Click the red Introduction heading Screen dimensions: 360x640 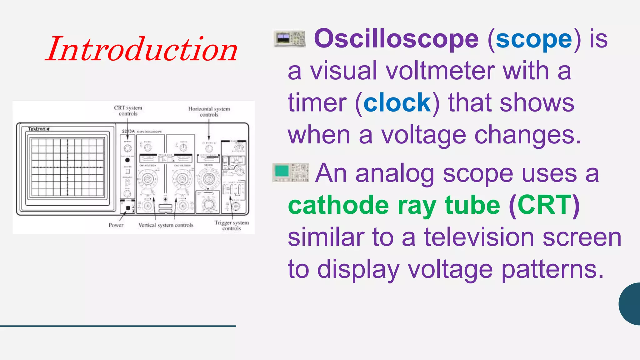pos(142,49)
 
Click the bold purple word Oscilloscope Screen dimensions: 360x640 pos(396,39)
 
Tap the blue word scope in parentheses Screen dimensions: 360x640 pos(534,39)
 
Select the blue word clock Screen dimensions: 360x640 pos(397,103)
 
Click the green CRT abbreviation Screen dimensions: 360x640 pos(544,205)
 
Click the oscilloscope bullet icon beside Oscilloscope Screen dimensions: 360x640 pos(289,39)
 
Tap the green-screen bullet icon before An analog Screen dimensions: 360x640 pos(291,172)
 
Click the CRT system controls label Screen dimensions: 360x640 pos(128,111)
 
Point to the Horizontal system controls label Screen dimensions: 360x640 pos(209,112)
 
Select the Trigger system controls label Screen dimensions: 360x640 pos(232,225)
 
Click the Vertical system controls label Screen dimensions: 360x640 pos(166,225)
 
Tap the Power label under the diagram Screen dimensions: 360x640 pos(116,225)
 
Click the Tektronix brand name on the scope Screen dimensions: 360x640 pos(39,129)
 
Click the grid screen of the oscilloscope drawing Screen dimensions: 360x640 pos(67,167)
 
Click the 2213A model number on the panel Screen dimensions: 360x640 pos(128,131)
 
